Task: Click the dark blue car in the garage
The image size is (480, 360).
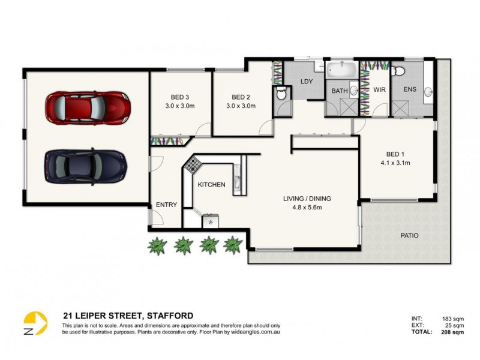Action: (x=85, y=166)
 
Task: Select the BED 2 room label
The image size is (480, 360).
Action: (x=240, y=98)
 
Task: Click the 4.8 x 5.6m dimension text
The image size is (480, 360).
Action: (x=307, y=208)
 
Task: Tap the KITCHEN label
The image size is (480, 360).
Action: (x=211, y=185)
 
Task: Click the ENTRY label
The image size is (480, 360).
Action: (x=166, y=205)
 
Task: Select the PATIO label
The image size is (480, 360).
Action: (x=409, y=236)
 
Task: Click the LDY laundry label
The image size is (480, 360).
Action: (x=307, y=81)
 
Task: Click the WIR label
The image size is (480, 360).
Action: (x=379, y=90)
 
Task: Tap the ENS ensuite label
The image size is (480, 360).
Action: (x=410, y=90)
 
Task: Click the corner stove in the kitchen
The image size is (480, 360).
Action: (x=194, y=164)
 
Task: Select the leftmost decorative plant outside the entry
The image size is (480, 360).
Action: (x=158, y=245)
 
